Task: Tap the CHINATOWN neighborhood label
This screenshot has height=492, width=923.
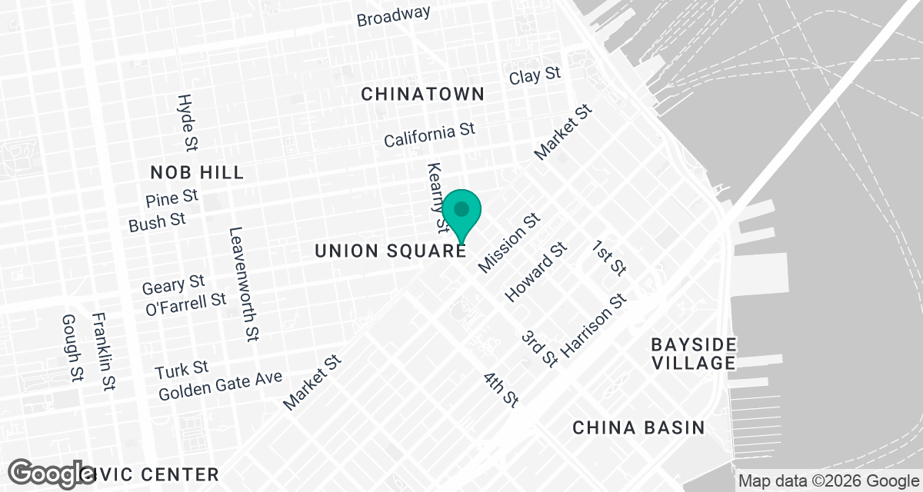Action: pyautogui.click(x=423, y=94)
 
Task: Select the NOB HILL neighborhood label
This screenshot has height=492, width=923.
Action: pyautogui.click(x=197, y=171)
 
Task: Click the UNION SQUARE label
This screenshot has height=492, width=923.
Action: pyautogui.click(x=390, y=251)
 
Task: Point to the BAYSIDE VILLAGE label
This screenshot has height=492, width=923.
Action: pyautogui.click(x=693, y=353)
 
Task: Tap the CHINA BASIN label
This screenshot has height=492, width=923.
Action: pyautogui.click(x=638, y=427)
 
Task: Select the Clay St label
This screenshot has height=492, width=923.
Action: pyautogui.click(x=535, y=76)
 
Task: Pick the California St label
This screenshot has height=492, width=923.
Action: pyautogui.click(x=430, y=135)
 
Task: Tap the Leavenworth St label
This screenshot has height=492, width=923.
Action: pyautogui.click(x=243, y=284)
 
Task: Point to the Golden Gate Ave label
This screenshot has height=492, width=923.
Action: pyautogui.click(x=221, y=386)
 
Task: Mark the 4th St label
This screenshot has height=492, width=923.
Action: pyautogui.click(x=501, y=389)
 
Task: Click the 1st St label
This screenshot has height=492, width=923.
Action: pyautogui.click(x=609, y=258)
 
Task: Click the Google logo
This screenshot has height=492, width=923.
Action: pyautogui.click(x=52, y=472)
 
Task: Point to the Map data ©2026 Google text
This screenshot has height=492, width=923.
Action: pyautogui.click(x=828, y=482)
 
